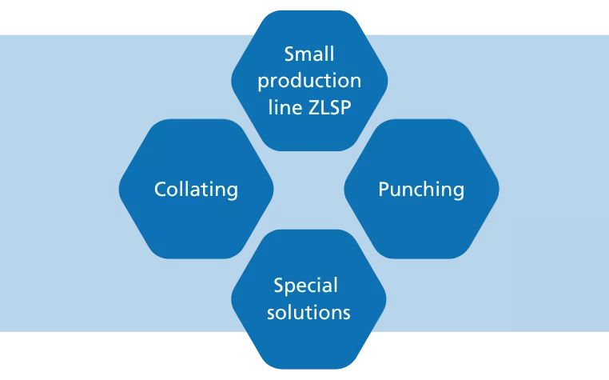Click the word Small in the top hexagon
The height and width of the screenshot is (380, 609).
point(309,55)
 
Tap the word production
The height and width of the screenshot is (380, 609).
point(309,82)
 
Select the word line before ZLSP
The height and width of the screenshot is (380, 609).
point(285,107)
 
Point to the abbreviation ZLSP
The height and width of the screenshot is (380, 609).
point(328,107)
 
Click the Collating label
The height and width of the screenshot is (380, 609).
point(196,190)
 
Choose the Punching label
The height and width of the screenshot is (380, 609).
point(421,190)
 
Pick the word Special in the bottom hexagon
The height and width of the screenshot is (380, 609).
point(306,286)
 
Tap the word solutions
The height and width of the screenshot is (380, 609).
point(309,311)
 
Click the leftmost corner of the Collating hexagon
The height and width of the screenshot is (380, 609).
point(120,190)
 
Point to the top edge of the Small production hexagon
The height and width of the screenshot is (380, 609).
point(309,10)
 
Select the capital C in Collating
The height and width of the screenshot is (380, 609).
point(160,190)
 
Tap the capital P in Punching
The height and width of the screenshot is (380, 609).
point(384,190)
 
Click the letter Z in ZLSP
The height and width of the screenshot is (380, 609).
point(313,107)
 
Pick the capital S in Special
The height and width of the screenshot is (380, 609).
point(279,286)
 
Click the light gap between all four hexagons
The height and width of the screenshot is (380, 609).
point(309,190)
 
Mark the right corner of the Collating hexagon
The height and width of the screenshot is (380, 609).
point(273,190)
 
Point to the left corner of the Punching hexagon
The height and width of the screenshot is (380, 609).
point(345,190)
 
